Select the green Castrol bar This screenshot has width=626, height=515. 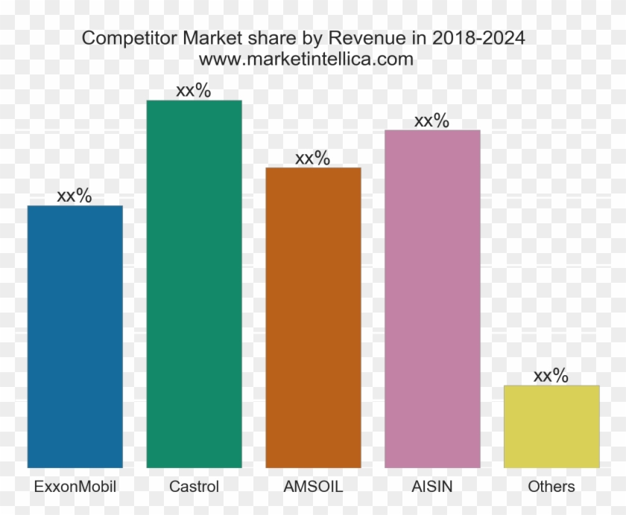tap(194, 284)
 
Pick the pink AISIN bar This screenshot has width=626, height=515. tap(432, 298)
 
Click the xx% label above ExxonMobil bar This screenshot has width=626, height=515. tap(75, 196)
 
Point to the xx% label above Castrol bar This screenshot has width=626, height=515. tap(194, 91)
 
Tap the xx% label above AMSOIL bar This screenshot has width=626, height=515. tap(313, 158)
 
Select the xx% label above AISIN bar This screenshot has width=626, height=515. tap(432, 121)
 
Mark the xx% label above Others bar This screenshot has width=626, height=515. tap(551, 376)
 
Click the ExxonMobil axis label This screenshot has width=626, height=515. tap(75, 487)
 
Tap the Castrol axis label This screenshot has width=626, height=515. tap(194, 487)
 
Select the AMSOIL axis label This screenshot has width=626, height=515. tap(313, 487)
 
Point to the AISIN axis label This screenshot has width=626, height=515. tap(432, 487)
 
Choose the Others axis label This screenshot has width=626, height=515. tap(551, 487)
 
